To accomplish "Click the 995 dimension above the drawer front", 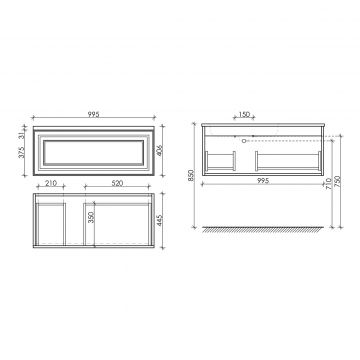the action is coord(94,114).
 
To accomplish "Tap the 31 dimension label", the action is coord(22,135).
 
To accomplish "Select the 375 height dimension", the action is coord(22,152).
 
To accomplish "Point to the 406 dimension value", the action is coord(159,151).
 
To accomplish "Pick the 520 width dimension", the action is coord(117,183).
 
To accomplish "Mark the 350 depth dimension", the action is coord(92,217).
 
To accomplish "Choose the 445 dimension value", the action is coord(159,220).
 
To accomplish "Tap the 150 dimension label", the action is coord(244,114).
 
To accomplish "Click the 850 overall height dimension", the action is coord(191,176).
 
